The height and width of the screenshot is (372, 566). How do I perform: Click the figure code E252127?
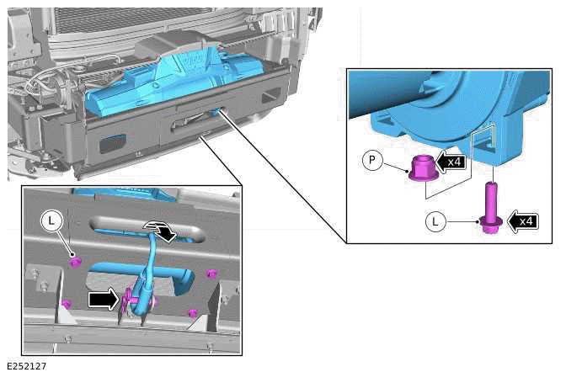pyautogui.click(x=27, y=367)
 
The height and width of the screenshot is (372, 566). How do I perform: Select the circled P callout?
pyautogui.click(x=372, y=160)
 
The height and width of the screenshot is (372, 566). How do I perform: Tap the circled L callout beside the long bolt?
pyautogui.click(x=435, y=221)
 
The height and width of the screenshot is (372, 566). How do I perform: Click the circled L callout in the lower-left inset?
pyautogui.click(x=51, y=221)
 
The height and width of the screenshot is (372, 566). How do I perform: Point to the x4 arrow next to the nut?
pyautogui.click(x=450, y=162)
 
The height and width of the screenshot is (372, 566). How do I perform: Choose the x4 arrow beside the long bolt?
pyautogui.click(x=522, y=221)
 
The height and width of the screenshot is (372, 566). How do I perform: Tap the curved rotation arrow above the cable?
pyautogui.click(x=160, y=230)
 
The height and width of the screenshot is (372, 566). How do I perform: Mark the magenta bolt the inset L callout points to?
pyautogui.click(x=75, y=263)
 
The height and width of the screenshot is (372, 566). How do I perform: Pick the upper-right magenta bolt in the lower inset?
pyautogui.click(x=212, y=274)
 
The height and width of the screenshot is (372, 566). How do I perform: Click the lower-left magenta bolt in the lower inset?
pyautogui.click(x=66, y=304)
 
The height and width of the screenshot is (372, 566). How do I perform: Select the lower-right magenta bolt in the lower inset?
pyautogui.click(x=193, y=313)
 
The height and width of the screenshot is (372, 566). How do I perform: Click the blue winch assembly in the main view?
pyautogui.click(x=174, y=83)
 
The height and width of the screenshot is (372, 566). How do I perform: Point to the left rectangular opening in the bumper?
pyautogui.click(x=112, y=143)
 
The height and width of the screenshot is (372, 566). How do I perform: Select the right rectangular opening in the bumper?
pyautogui.click(x=270, y=95)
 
